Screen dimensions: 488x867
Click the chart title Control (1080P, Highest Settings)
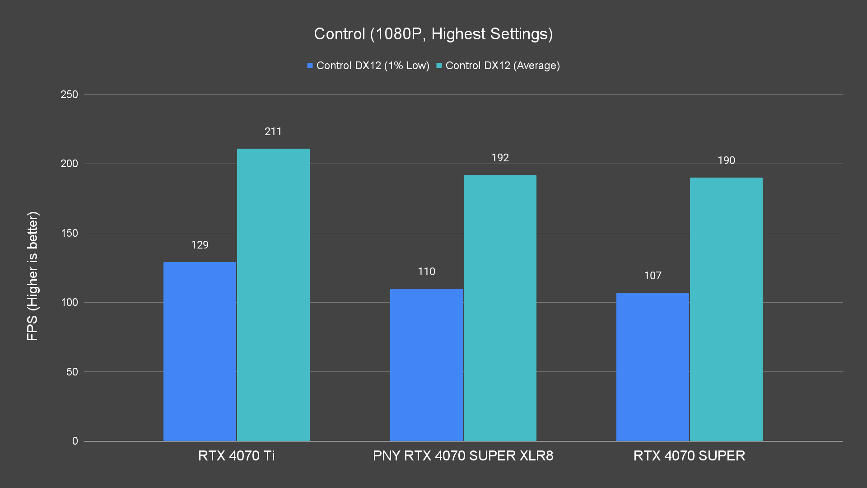(433, 34)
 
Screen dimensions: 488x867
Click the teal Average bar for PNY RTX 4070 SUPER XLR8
(500, 308)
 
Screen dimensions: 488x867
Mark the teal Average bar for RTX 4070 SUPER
(726, 309)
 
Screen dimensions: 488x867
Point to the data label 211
(273, 131)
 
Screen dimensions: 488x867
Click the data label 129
(200, 245)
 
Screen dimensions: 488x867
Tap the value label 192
(500, 158)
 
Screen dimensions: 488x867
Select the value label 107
(653, 276)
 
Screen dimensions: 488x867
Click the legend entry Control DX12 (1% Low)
(368, 66)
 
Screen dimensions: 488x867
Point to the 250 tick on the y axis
(69, 94)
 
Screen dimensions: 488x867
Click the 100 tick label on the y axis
(69, 302)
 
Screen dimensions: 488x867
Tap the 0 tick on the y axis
(75, 441)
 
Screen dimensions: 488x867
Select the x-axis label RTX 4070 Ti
(236, 455)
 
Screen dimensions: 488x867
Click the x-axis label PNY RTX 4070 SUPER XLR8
(463, 455)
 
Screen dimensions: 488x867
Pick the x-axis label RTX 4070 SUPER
(689, 455)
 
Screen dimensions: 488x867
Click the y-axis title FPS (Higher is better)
(33, 276)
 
